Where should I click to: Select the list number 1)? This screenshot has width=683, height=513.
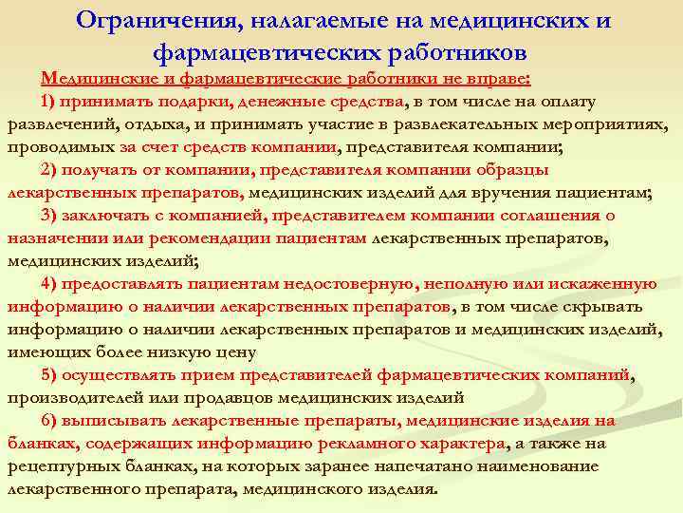pyautogui.click(x=50, y=103)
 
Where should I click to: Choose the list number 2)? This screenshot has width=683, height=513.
pyautogui.click(x=50, y=171)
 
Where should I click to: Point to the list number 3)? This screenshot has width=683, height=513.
pyautogui.click(x=50, y=216)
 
